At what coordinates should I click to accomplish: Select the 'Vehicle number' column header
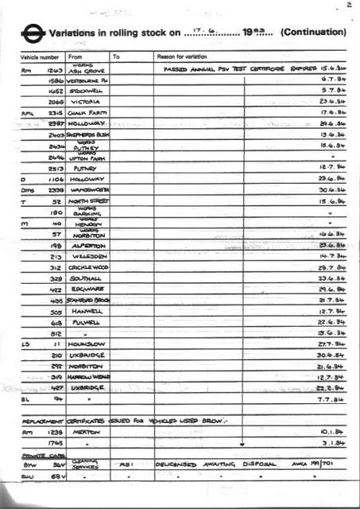(x=39, y=57)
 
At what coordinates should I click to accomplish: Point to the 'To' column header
(x=116, y=57)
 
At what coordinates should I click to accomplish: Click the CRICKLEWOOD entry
(x=87, y=267)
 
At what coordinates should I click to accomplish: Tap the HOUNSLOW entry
(x=85, y=344)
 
